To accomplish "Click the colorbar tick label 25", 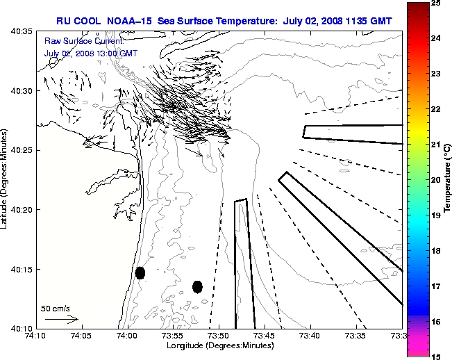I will (x=437, y=3).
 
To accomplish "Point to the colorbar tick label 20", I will (x=437, y=179).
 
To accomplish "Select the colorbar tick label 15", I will (x=437, y=356).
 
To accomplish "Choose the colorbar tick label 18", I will (x=437, y=250).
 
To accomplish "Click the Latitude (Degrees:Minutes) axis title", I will (x=6, y=179).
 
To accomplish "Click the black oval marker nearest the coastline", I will (x=140, y=272).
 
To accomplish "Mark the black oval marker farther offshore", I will (x=197, y=286).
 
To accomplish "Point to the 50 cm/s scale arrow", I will (x=60, y=320).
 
